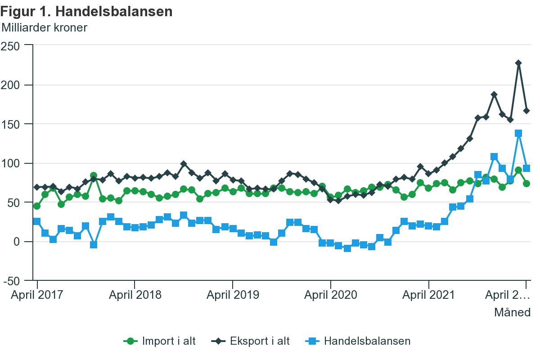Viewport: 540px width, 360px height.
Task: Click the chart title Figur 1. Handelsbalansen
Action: tap(87, 11)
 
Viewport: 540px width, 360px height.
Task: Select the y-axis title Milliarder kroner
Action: tap(45, 27)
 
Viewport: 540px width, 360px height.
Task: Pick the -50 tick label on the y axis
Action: tap(12, 281)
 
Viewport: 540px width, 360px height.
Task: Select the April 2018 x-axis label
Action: tap(135, 295)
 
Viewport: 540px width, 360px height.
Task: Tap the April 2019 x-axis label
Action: tap(233, 295)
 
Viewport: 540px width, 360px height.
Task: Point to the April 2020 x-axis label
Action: tap(331, 295)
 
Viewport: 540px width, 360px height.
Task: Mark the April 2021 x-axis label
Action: tap(428, 295)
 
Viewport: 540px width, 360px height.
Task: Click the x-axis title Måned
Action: tap(513, 312)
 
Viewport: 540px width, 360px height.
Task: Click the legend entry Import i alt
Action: tap(160, 341)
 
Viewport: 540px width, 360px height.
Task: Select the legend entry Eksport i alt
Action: tap(251, 341)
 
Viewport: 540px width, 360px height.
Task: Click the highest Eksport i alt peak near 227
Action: tap(518, 63)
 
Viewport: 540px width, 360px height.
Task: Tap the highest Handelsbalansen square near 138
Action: tap(518, 133)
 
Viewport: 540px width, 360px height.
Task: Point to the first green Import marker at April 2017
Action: tap(37, 206)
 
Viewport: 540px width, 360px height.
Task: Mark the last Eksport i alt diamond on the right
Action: tap(526, 111)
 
